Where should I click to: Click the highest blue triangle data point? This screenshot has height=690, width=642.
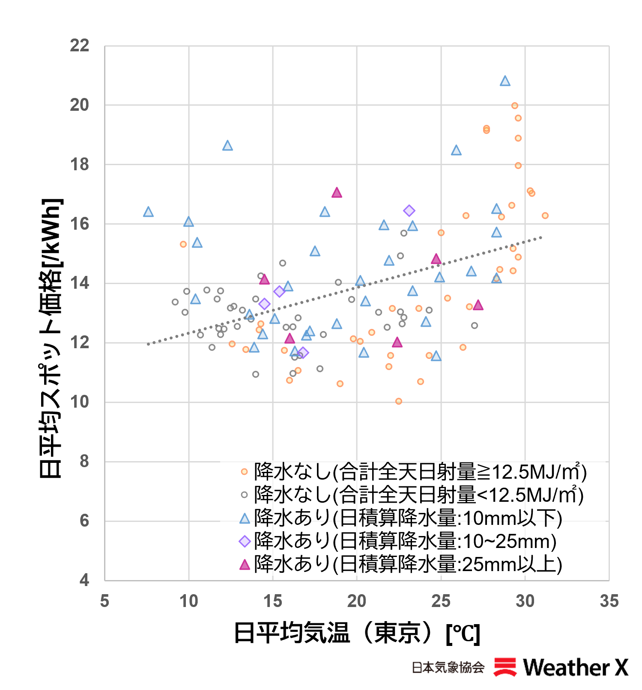click(x=505, y=81)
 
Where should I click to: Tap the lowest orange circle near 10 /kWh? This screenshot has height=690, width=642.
click(x=399, y=401)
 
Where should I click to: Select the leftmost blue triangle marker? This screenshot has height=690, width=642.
click(x=148, y=212)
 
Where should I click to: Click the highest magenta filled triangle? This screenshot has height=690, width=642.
click(x=337, y=192)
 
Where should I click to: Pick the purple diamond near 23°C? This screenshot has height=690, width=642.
click(x=409, y=210)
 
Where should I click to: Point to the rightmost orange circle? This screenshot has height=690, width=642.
click(x=545, y=216)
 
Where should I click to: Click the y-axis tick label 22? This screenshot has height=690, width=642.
click(x=80, y=45)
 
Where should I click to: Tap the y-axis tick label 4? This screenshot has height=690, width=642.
click(x=84, y=580)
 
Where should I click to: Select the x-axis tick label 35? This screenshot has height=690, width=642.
click(x=609, y=601)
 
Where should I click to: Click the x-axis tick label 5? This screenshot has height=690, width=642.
click(x=105, y=601)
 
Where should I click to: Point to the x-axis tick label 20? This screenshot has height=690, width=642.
click(x=357, y=601)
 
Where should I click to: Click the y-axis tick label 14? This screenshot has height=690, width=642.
click(x=80, y=283)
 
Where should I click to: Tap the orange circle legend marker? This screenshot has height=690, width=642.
click(x=244, y=472)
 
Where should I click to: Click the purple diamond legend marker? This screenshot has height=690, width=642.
click(x=245, y=541)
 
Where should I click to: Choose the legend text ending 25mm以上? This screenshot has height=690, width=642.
click(x=408, y=564)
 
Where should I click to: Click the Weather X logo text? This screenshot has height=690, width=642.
click(x=576, y=667)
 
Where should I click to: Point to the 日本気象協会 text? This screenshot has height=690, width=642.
click(x=448, y=667)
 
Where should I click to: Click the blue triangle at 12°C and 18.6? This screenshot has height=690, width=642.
click(x=227, y=145)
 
